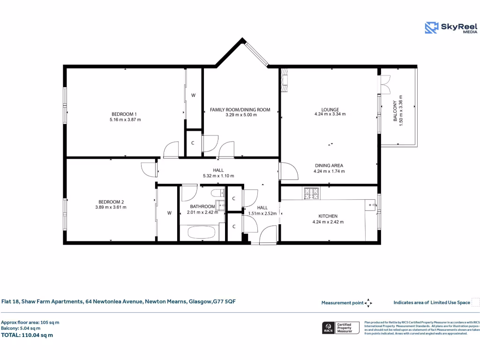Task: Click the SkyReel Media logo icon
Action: (x=431, y=28)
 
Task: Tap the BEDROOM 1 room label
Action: (x=124, y=114)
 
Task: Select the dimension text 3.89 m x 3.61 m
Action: (x=111, y=207)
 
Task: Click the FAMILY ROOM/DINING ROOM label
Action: (x=240, y=110)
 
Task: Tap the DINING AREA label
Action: (x=329, y=165)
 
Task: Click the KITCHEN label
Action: (x=328, y=216)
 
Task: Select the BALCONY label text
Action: (x=395, y=112)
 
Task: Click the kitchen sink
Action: (x=370, y=204)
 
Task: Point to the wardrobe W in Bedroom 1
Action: (x=193, y=95)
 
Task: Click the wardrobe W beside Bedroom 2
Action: (x=169, y=213)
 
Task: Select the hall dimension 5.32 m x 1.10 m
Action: (x=218, y=176)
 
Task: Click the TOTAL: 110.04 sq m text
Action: (x=27, y=335)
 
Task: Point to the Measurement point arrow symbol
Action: (x=368, y=303)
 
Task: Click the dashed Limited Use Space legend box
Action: (x=475, y=302)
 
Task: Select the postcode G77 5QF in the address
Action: (x=224, y=301)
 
